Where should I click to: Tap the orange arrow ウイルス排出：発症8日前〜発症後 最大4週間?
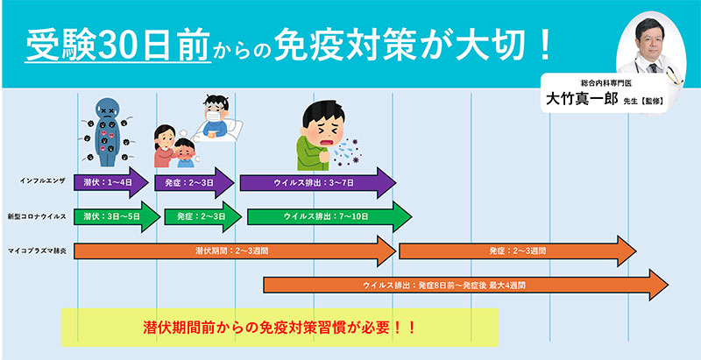point(464,286)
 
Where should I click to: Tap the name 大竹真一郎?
point(578,99)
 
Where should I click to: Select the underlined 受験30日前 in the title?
point(118,43)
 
